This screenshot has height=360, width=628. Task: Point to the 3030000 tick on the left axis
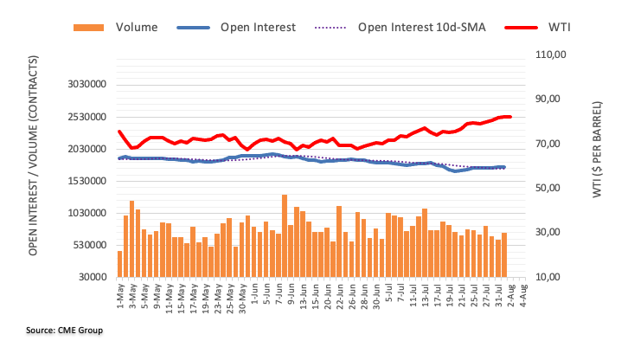[x=81, y=85]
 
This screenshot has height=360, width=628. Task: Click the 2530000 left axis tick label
[x=81, y=117]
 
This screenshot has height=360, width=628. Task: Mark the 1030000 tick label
[x=81, y=213]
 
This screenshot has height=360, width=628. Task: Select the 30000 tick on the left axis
[x=88, y=277]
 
